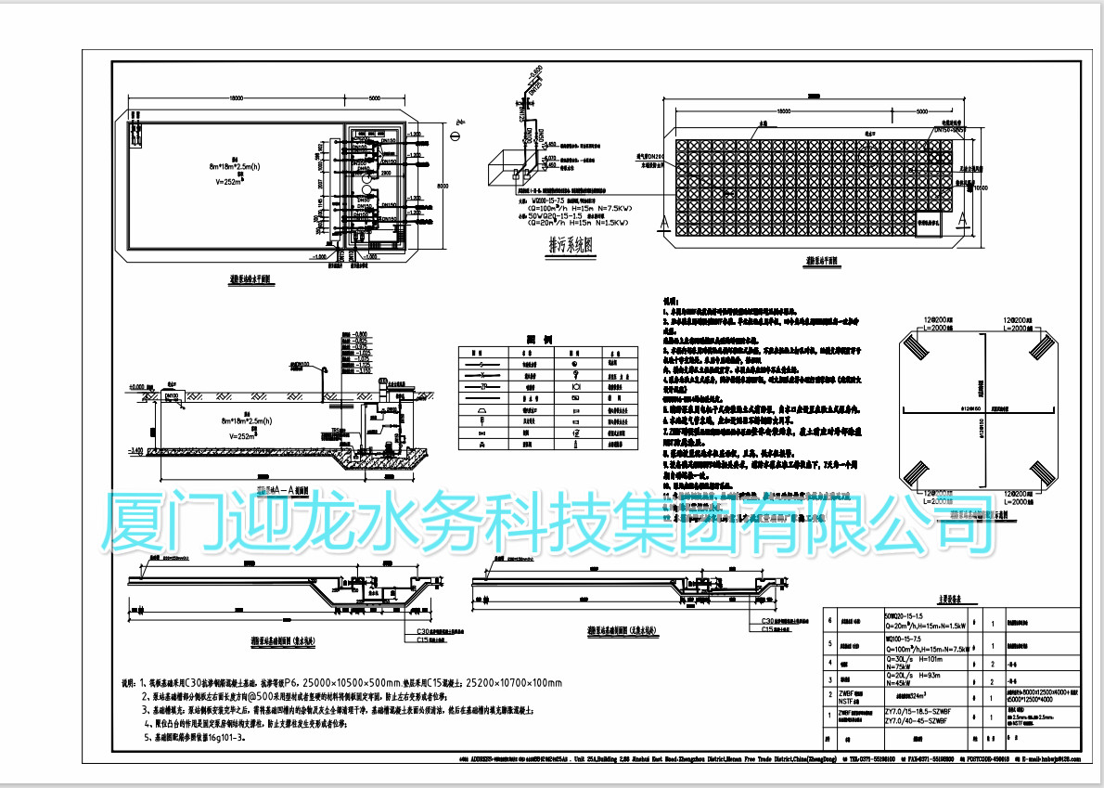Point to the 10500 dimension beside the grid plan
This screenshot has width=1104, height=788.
(x=980, y=185)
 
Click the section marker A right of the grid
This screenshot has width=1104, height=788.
(x=964, y=220)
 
